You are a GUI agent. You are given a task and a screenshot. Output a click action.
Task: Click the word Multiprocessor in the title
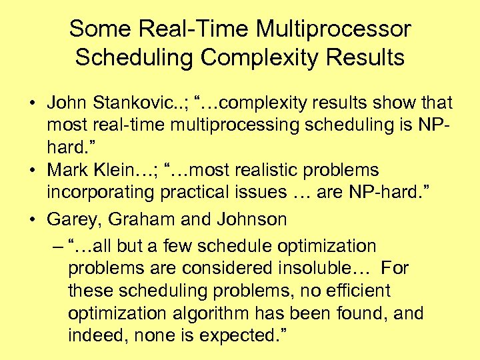point(334,29)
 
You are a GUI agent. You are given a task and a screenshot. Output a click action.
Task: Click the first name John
point(69,103)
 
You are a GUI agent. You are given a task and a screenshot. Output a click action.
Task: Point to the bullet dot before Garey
point(31,219)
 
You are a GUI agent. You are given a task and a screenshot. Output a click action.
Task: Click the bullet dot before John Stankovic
point(31,104)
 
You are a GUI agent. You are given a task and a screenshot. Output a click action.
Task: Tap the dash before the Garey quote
point(55,246)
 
